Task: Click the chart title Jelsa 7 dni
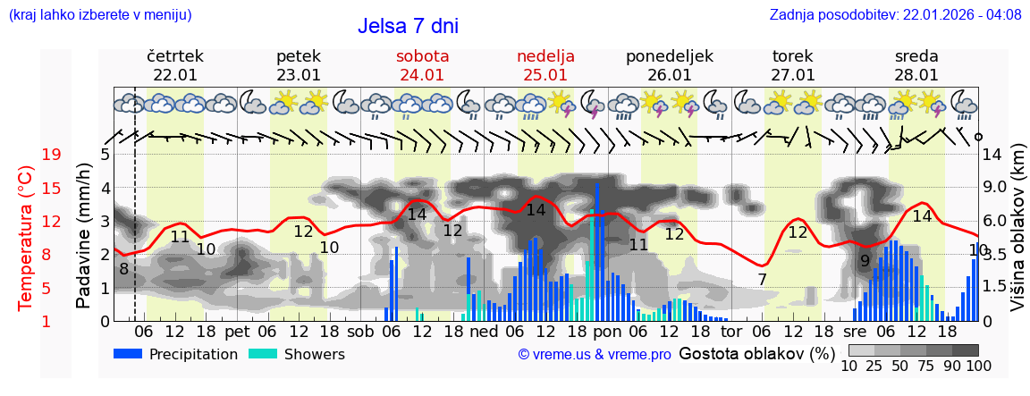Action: (x=408, y=26)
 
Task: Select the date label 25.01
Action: (x=545, y=75)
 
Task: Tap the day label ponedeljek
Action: (x=670, y=56)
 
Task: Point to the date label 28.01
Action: (x=916, y=75)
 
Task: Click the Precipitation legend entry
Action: (x=175, y=354)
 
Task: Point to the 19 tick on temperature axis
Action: (x=51, y=155)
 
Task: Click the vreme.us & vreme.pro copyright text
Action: (x=595, y=355)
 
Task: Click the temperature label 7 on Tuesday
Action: (x=762, y=280)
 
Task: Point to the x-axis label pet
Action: (x=237, y=332)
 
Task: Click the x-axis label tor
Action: (x=731, y=332)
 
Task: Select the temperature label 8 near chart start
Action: (x=123, y=268)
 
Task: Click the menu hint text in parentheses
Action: (x=99, y=15)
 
